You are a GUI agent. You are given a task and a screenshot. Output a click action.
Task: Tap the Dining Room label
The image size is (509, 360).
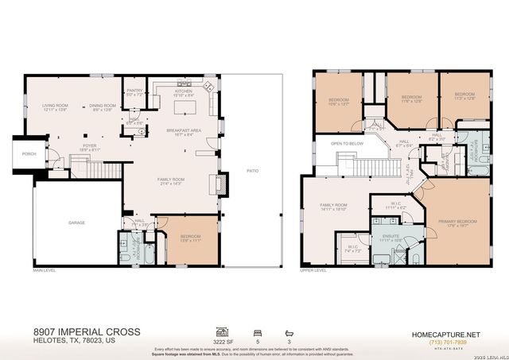click(103, 106)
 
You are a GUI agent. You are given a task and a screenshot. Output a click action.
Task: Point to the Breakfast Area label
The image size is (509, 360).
click(183, 131)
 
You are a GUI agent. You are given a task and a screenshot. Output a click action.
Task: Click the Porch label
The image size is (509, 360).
click(29, 153)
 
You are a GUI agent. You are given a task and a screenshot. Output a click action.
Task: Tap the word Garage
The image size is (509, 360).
click(76, 223)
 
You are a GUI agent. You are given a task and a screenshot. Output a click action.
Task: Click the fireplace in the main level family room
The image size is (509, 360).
click(214, 184)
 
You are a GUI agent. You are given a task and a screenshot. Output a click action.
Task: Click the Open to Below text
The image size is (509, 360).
click(347, 144)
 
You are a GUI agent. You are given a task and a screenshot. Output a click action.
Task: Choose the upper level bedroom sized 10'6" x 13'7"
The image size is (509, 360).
click(338, 101)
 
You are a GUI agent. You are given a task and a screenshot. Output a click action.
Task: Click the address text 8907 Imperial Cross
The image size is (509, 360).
click(87, 331)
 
